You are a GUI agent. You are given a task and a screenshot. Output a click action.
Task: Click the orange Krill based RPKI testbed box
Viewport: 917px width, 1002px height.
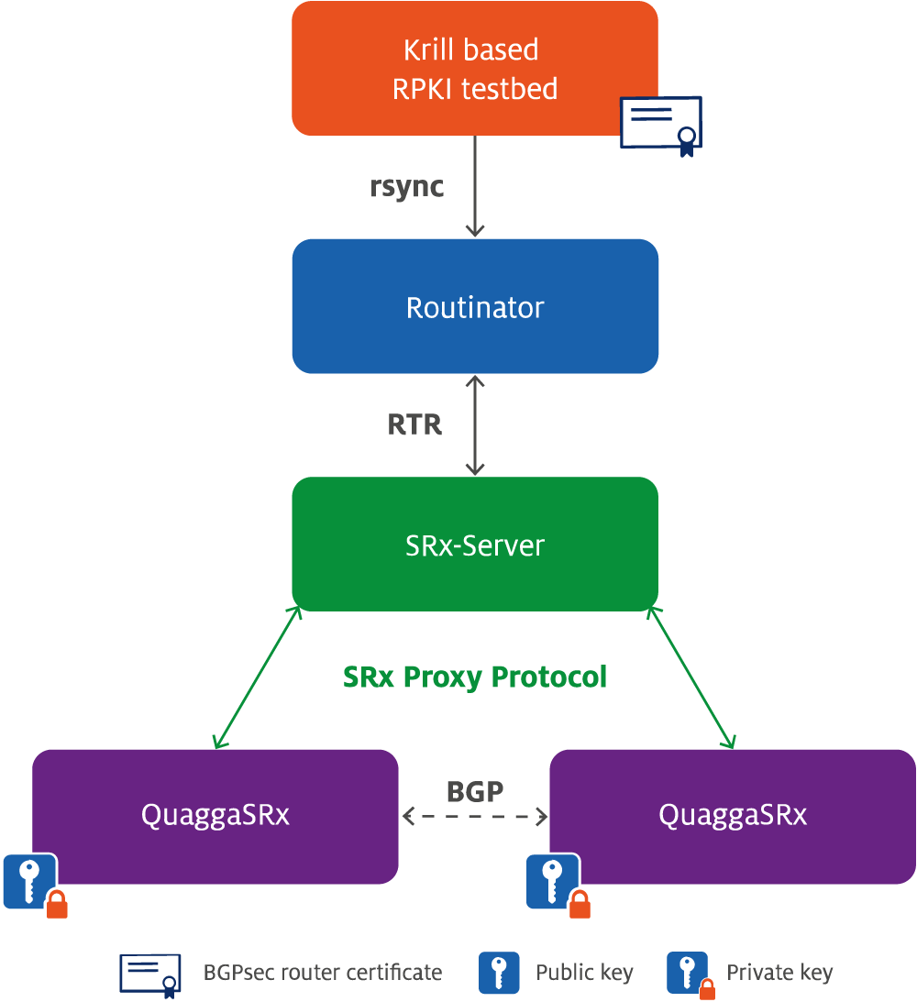(475, 69)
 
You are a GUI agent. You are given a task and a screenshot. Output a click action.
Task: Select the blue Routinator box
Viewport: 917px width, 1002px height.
(475, 306)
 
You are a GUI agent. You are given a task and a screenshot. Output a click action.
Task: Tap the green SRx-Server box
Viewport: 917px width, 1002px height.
(475, 544)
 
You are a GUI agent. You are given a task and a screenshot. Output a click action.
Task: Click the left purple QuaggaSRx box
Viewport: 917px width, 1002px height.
(215, 816)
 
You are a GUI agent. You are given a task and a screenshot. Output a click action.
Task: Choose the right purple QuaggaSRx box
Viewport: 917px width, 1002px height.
(733, 816)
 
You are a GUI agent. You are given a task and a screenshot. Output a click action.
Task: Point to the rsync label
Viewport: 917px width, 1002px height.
(406, 187)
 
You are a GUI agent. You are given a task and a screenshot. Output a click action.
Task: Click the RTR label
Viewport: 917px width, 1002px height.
(414, 424)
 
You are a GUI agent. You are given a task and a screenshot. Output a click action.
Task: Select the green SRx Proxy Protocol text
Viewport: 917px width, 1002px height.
(475, 677)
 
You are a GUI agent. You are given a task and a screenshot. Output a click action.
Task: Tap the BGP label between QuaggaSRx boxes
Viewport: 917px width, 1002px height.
(475, 792)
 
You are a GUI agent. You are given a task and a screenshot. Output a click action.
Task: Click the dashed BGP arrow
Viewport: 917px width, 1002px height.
(475, 816)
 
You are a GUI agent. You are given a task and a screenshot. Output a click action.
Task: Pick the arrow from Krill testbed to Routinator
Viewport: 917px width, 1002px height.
(475, 186)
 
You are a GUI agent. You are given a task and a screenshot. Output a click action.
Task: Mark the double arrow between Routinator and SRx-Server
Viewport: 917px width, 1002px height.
(475, 425)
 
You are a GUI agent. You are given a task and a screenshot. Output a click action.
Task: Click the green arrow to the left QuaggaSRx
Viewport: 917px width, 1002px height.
(257, 677)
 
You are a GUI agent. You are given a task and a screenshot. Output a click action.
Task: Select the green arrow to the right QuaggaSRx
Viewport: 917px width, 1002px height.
(691, 677)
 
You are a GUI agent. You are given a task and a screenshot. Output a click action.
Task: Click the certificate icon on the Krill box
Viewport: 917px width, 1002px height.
(661, 126)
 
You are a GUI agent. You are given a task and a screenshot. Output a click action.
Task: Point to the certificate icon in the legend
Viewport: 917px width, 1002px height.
(150, 975)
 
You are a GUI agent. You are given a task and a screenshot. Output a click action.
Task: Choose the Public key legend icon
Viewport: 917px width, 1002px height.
(499, 973)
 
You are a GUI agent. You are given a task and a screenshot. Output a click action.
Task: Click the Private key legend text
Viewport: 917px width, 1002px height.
(779, 973)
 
